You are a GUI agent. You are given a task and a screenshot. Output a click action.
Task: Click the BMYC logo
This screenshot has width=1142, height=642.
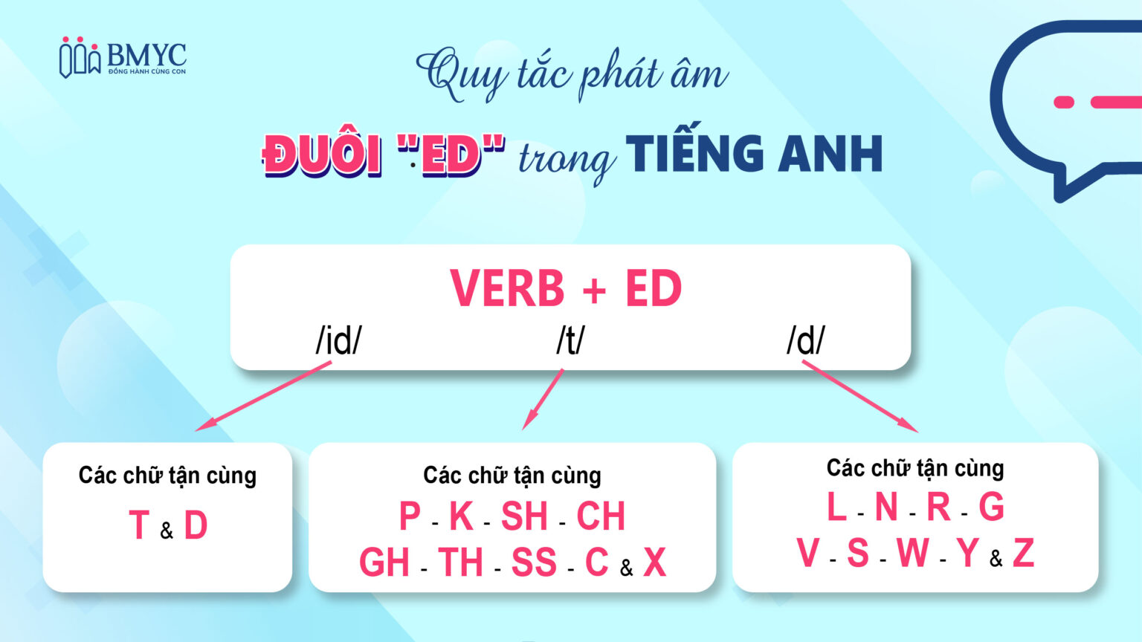(x=123, y=58)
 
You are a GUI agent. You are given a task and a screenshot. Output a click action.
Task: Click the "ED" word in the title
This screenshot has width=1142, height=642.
(x=451, y=155)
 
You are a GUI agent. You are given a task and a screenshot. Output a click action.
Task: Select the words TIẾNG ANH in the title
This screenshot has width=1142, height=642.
(x=754, y=154)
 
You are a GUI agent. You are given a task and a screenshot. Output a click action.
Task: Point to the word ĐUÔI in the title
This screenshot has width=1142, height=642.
(x=323, y=155)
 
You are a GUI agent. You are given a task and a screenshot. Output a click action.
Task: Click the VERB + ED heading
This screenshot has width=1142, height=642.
(x=566, y=288)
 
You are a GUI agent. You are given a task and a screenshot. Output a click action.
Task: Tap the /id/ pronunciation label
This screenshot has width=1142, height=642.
(x=338, y=340)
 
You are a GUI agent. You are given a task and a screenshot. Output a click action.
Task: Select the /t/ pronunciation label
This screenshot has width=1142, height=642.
(x=570, y=340)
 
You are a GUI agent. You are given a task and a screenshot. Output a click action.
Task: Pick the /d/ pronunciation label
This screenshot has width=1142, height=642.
(x=806, y=340)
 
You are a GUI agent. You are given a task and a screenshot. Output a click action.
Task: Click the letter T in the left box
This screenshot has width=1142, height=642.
(x=139, y=525)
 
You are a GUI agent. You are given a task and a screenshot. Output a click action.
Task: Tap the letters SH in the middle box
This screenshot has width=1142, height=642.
(x=524, y=516)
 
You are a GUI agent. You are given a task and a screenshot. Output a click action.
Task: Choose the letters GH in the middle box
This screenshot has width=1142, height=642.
(x=384, y=562)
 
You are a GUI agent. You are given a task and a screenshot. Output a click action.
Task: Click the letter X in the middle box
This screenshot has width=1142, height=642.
(x=654, y=562)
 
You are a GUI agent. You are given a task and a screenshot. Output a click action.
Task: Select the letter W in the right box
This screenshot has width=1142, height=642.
(x=912, y=554)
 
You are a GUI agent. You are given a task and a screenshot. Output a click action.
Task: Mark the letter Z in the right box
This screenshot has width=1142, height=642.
(x=1023, y=554)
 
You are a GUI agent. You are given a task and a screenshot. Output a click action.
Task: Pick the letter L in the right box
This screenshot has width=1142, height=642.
(x=836, y=508)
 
